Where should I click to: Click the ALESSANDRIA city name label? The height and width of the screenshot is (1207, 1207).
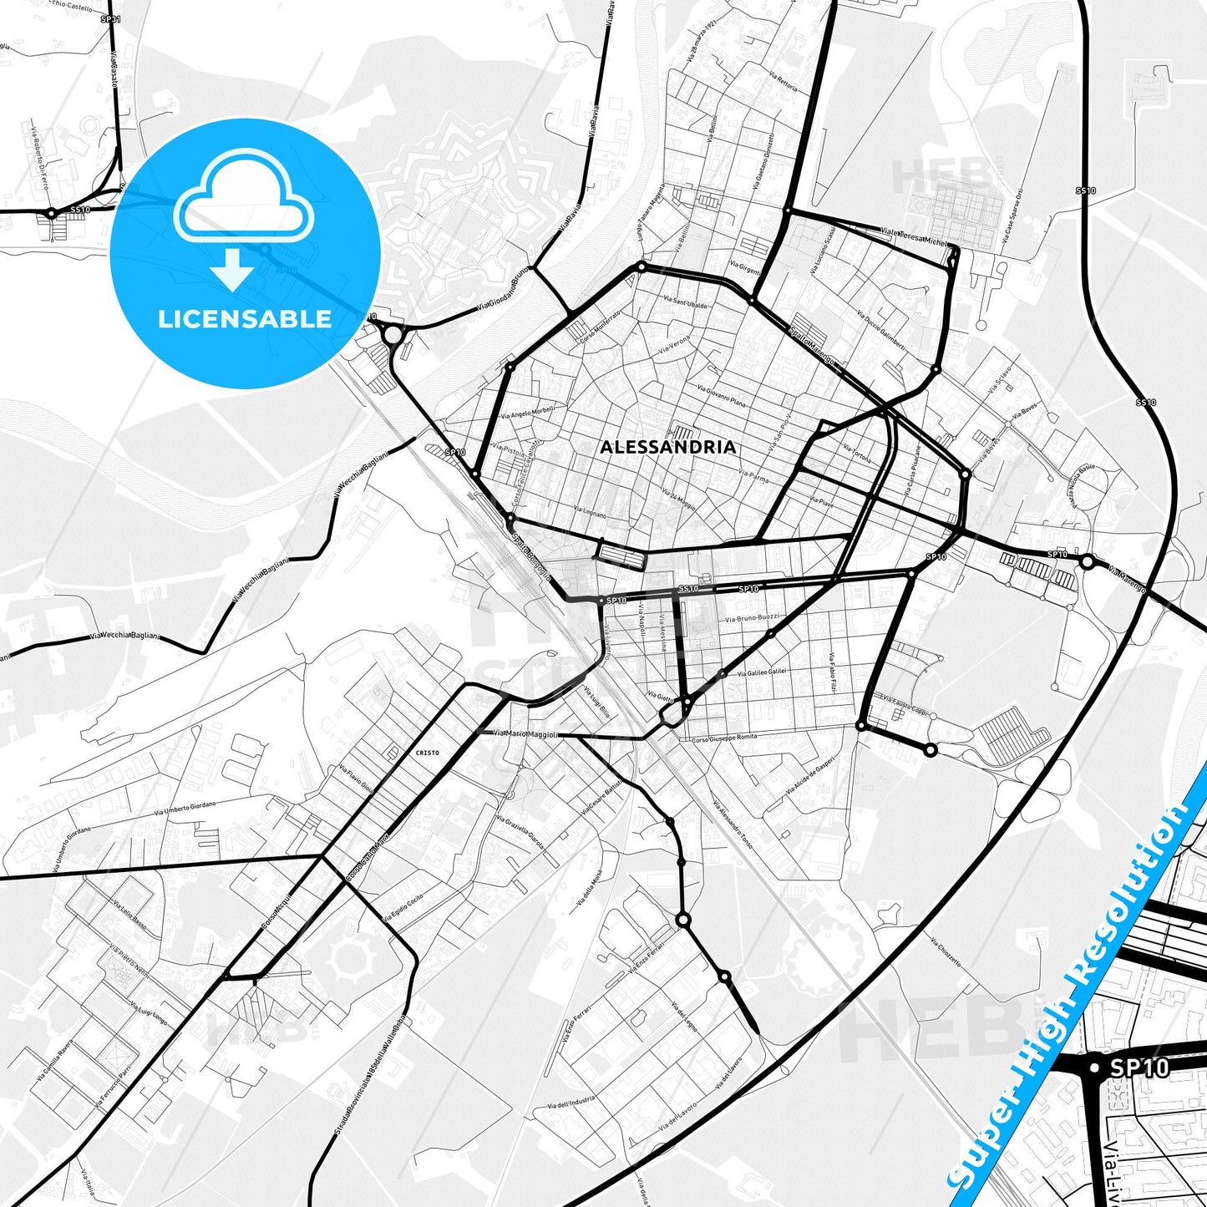click(668, 447)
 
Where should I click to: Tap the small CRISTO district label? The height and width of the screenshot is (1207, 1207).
click(426, 753)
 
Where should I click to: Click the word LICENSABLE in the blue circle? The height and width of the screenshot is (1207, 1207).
click(245, 319)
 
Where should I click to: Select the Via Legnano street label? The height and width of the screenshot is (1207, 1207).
click(590, 511)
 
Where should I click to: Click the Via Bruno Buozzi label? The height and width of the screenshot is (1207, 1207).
click(753, 618)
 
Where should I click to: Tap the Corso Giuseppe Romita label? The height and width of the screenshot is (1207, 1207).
click(724, 738)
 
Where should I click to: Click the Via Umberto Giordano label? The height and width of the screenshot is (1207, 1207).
click(185, 809)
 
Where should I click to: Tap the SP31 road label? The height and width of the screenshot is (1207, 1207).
click(109, 18)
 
